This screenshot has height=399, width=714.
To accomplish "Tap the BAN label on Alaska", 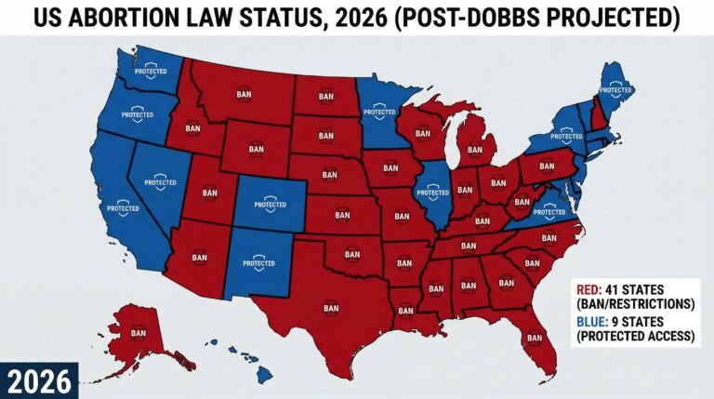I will point(139,332).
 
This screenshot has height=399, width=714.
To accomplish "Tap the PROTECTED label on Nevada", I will point(161,182).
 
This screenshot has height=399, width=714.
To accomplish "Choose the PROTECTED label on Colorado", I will point(270,203).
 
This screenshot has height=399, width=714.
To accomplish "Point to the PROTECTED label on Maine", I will point(615,89).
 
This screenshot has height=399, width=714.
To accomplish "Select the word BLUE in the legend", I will point(589,319).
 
